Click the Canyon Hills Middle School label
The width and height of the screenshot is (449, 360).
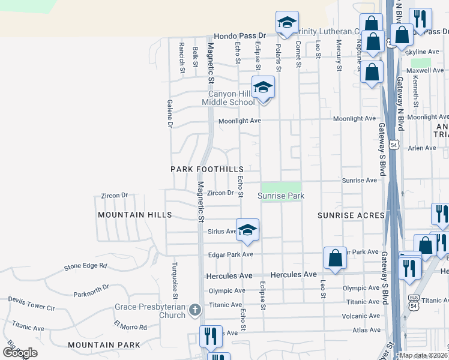[231, 98]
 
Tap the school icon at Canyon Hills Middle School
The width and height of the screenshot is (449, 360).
[263, 88]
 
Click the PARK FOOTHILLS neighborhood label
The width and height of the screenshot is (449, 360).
[206, 169]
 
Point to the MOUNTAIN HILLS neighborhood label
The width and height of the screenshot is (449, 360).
[135, 215]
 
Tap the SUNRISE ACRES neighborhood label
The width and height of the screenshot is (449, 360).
[351, 215]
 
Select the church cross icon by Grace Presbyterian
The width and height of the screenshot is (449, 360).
[194, 310]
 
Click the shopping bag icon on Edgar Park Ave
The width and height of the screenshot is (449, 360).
[336, 259]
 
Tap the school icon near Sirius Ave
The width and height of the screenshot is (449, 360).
[247, 231]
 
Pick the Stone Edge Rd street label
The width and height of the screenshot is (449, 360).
[85, 265]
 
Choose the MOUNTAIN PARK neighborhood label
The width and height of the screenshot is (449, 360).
[104, 345]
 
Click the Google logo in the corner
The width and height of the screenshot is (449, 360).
[20, 353]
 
